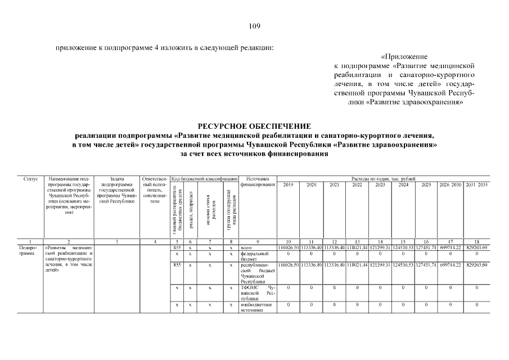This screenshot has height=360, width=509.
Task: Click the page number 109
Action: coord(254,26)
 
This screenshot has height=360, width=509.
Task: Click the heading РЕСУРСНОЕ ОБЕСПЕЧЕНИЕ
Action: coord(254,126)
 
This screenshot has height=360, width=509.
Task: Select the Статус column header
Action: coord(31,178)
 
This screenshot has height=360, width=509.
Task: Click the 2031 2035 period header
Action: coord(476,184)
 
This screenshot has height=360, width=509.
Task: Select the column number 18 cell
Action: coord(476,241)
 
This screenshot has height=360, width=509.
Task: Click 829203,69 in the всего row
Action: coord(476,247)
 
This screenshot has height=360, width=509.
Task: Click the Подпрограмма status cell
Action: coord(28,250)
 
